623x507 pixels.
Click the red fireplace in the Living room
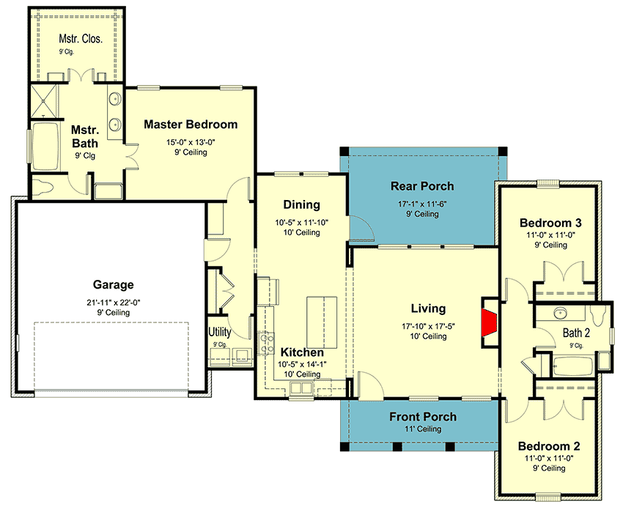(x=490, y=322)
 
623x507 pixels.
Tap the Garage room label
(x=113, y=285)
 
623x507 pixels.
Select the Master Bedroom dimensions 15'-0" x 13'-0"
(x=191, y=142)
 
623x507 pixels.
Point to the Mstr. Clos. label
(x=81, y=39)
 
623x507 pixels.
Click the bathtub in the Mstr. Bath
(x=45, y=146)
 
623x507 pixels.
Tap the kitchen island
(x=322, y=323)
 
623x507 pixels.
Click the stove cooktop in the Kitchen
(x=266, y=343)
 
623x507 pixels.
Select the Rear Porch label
(x=422, y=186)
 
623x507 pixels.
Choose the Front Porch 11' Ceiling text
(x=423, y=429)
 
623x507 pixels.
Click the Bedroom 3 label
(x=550, y=223)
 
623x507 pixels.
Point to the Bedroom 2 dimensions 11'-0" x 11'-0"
(x=549, y=458)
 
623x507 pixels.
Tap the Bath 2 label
(x=576, y=333)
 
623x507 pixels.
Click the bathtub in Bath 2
(x=572, y=366)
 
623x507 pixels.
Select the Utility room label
(x=220, y=331)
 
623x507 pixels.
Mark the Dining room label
(x=301, y=204)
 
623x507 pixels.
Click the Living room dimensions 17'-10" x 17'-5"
(x=428, y=326)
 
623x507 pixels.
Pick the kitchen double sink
(x=301, y=387)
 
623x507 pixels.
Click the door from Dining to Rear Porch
(x=361, y=229)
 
